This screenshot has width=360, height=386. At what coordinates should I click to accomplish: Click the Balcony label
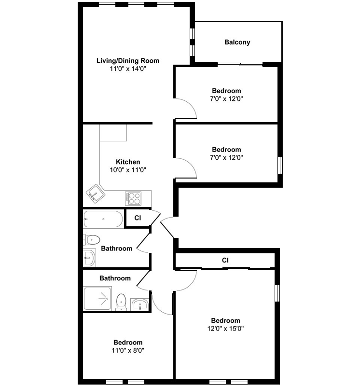(x=237, y=42)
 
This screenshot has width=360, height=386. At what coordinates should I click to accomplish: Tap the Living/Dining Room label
(x=128, y=61)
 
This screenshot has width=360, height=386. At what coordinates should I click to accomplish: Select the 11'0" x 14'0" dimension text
(x=128, y=69)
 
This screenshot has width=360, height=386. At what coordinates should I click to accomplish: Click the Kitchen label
(x=128, y=162)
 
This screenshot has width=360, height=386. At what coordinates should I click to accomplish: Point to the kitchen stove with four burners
(x=133, y=198)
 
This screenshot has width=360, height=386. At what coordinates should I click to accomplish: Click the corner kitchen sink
(x=96, y=193)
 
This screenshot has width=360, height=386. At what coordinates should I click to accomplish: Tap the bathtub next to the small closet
(x=103, y=219)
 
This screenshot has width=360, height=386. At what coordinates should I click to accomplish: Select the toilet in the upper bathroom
(x=91, y=239)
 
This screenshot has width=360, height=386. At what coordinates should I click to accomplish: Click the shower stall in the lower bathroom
(x=97, y=298)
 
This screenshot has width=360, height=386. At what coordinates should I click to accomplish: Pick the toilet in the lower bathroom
(x=121, y=302)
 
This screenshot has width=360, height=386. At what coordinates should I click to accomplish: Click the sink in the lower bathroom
(x=139, y=304)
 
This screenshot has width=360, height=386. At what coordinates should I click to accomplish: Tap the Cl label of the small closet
(x=138, y=218)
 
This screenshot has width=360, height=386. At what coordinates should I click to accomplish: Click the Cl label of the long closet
(x=225, y=260)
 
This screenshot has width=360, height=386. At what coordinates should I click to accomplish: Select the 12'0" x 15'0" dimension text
(x=225, y=329)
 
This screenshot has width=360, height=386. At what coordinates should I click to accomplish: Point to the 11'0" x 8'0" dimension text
(x=128, y=350)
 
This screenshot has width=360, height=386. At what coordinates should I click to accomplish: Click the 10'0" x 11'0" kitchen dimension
(x=128, y=170)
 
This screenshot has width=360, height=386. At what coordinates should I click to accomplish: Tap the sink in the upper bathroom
(x=89, y=258)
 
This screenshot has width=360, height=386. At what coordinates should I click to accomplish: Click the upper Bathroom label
(x=116, y=248)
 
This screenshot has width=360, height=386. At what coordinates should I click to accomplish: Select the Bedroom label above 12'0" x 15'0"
(x=225, y=320)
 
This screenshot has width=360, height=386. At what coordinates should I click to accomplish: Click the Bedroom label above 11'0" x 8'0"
(x=128, y=343)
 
